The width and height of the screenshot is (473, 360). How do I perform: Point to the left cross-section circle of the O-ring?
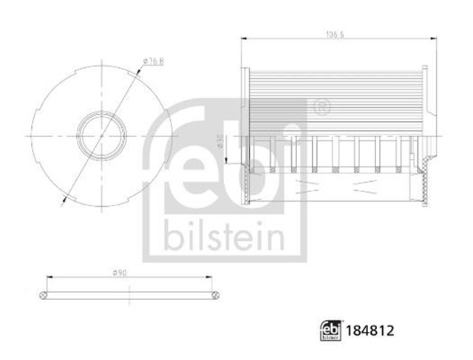pyautogui.click(x=47, y=297)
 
